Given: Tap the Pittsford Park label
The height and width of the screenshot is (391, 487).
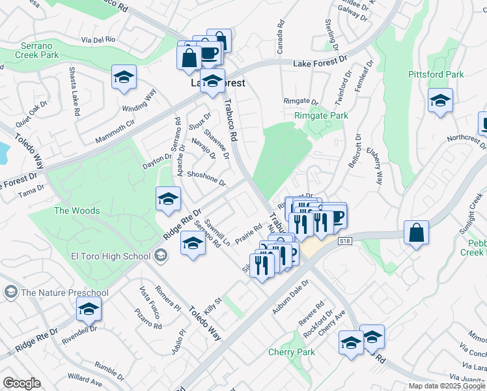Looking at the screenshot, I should point(436,74).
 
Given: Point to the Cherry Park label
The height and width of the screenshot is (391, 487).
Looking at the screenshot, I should point(291,352).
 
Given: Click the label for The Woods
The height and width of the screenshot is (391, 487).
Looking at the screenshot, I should point(77,210).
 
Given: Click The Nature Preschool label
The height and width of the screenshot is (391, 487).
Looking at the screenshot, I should point(64,293).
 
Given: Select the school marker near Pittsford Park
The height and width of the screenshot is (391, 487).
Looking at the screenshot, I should point(440,100).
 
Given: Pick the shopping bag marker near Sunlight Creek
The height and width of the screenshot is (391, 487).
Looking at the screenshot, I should point(416,232).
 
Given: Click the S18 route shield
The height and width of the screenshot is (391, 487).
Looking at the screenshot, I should point(345,241).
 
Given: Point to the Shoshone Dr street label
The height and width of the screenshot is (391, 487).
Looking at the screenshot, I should point(206,178).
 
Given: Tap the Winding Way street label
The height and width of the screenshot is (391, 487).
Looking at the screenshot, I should point(139,100).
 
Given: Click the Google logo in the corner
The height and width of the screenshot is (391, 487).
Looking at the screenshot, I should point(21,383).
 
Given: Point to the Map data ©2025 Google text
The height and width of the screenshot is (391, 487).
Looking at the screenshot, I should point(447,386).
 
